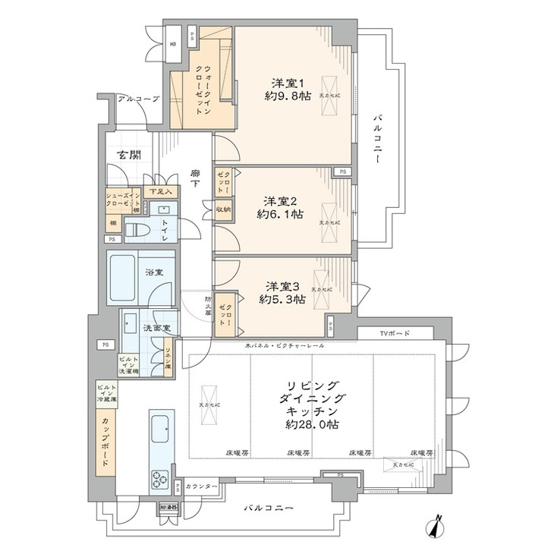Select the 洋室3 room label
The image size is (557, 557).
(x=282, y=286)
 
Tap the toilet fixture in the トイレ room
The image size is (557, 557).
(x=136, y=229)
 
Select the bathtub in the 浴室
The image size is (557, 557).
(x=130, y=277)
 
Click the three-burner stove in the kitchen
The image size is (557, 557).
(x=161, y=479)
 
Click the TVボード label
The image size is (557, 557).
(x=395, y=334)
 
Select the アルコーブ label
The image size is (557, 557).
(x=137, y=99)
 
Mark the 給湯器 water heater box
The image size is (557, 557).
(x=168, y=506)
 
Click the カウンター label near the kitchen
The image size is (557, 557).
(x=202, y=486)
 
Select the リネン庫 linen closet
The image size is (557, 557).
(x=168, y=357)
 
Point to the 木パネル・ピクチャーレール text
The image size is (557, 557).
(x=285, y=346)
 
